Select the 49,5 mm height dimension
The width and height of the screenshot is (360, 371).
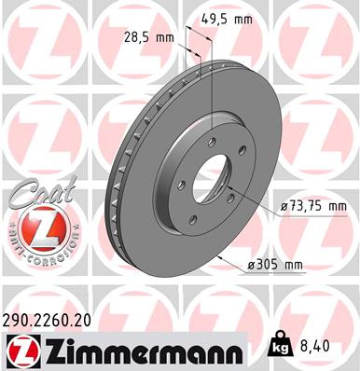(x=229, y=18)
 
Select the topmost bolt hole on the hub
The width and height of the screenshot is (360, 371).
(x=214, y=141)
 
